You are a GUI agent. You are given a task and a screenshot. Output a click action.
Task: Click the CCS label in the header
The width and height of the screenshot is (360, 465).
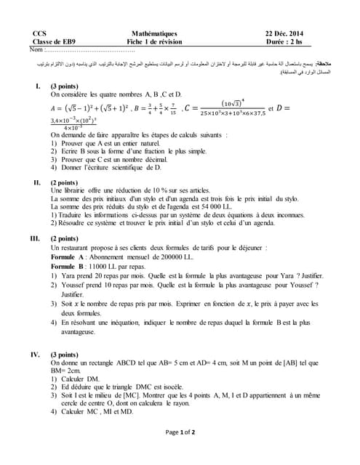pyautogui.click(x=39, y=34)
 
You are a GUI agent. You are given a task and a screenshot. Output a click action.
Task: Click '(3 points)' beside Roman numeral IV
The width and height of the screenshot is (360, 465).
pyautogui.click(x=69, y=355)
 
